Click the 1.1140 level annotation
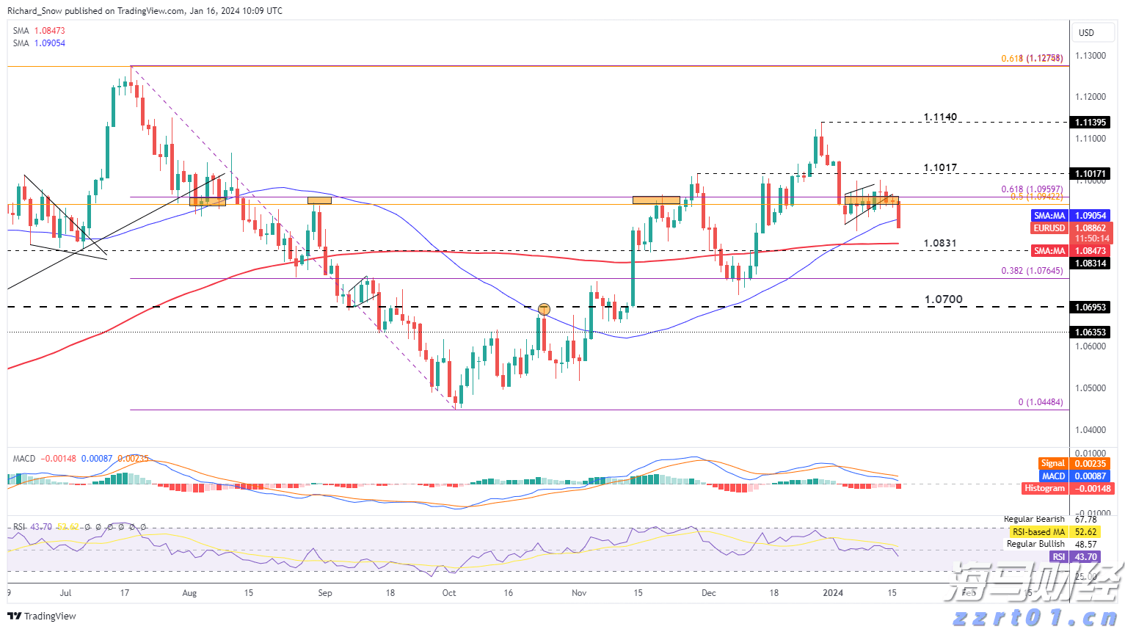click(940, 117)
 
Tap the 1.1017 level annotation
click(940, 168)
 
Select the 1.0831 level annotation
click(940, 244)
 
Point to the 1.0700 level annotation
click(944, 299)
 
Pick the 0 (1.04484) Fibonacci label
click(1040, 402)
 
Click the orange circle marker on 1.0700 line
click(544, 309)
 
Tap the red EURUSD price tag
click(1049, 228)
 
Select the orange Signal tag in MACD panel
click(1052, 463)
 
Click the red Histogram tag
click(1044, 488)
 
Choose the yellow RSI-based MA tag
click(1038, 531)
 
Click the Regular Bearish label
click(1034, 519)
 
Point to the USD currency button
click(1086, 33)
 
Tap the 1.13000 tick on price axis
click(1090, 56)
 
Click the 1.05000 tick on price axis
click(1090, 388)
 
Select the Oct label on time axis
click(449, 593)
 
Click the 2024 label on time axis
click(833, 593)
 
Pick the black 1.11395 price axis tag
click(1091, 123)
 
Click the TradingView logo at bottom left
click(43, 616)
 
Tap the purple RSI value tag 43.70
click(1085, 557)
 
